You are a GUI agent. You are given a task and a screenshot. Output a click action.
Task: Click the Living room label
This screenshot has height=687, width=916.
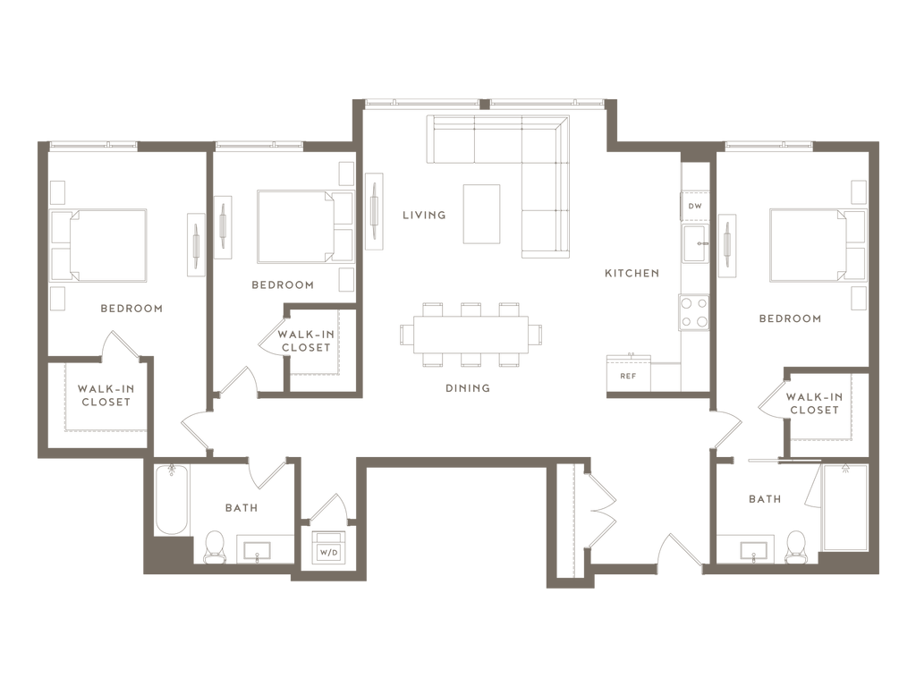click(423, 215)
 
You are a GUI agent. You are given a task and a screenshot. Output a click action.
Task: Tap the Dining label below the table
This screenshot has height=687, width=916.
click(469, 388)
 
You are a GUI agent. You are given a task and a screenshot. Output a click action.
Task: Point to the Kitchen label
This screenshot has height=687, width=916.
click(632, 273)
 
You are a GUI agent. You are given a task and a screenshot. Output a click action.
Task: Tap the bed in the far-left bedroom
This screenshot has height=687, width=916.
click(108, 243)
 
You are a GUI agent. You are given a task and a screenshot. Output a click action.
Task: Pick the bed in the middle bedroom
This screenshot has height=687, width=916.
click(295, 228)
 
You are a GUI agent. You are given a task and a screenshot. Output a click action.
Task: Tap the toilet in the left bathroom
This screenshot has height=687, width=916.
click(213, 545)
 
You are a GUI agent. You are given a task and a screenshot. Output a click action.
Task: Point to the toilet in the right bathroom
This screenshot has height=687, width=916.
click(794, 545)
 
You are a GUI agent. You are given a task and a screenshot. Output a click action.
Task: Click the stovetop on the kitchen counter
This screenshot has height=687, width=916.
click(694, 313)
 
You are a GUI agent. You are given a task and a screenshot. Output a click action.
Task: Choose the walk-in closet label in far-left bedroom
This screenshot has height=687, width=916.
click(106, 395)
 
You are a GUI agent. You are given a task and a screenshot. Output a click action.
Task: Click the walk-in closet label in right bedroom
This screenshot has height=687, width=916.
click(813, 403)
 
